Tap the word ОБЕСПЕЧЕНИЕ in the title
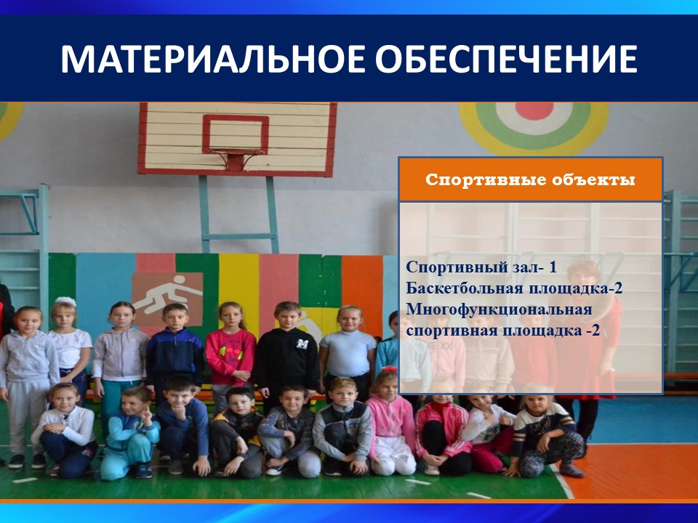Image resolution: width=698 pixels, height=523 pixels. click(507, 59)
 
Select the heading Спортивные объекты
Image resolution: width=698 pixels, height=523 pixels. click(530, 179)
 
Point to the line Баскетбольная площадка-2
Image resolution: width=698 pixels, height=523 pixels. click(514, 288)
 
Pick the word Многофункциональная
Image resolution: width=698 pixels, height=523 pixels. click(499, 309)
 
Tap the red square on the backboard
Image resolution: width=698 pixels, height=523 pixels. click(236, 134)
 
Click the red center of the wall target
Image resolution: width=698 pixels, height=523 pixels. click(534, 110)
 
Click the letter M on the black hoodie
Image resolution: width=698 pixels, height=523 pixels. click(302, 344)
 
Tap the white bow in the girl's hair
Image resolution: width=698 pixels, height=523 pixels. click(66, 301)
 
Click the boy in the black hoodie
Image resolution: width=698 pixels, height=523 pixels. click(286, 352)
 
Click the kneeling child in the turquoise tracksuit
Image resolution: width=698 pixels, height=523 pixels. click(129, 434)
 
